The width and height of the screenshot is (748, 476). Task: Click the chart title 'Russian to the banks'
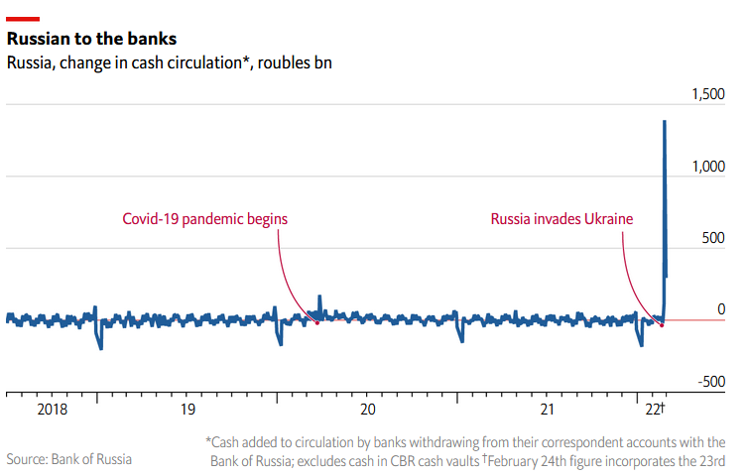point(91,40)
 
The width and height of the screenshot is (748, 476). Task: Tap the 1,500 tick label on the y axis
point(706,94)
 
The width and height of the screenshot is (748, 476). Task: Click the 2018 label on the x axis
point(52,409)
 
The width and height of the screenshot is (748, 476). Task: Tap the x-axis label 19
point(187,409)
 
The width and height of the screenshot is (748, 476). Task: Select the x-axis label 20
point(367,409)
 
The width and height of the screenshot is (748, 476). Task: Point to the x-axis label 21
point(547,409)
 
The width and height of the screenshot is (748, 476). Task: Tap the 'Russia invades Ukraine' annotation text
point(561,218)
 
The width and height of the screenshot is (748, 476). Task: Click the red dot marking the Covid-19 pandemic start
point(316,322)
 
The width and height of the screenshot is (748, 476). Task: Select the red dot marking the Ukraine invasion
point(662,325)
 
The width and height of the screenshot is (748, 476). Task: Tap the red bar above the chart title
point(23,18)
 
